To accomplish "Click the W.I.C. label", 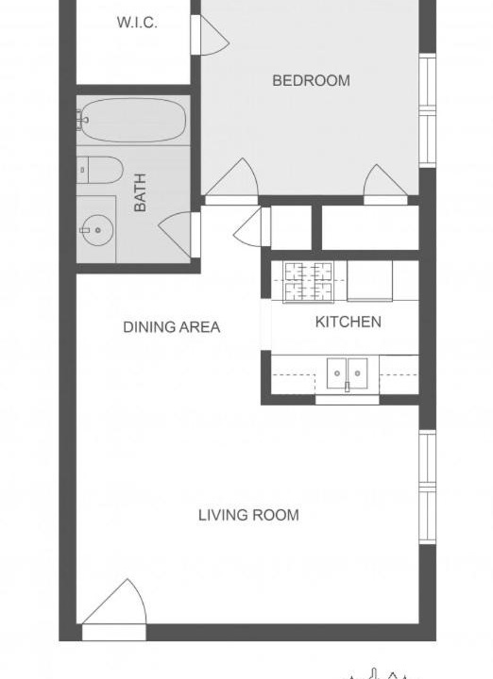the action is (137, 23).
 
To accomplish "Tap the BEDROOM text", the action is (311, 80).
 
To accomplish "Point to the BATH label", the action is (140, 192).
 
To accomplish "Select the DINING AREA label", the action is (172, 327).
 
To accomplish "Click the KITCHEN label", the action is (348, 322).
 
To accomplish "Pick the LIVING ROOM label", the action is (248, 515).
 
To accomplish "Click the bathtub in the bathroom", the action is (133, 120).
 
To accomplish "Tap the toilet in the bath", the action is (99, 170).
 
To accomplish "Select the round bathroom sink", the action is (98, 230).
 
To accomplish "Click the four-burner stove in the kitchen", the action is (308, 281).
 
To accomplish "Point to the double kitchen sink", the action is (347, 373).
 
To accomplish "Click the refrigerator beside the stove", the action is (370, 280).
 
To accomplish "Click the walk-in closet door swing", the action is (210, 36).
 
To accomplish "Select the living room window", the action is (428, 488).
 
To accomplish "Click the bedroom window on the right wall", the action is (428, 110).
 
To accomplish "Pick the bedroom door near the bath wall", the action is (231, 181).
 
